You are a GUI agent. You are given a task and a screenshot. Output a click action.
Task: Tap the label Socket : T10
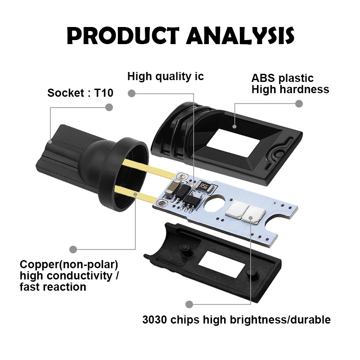[81, 93]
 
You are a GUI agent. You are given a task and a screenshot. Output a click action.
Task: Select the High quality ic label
[165, 76]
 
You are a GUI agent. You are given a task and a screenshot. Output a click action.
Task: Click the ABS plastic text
[282, 78]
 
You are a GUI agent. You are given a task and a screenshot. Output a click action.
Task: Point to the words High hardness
[290, 89]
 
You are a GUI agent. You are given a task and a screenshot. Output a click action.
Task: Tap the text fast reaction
[53, 287]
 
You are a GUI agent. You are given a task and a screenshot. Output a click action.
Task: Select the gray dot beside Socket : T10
[108, 107]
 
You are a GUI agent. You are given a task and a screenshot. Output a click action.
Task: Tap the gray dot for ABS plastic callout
[298, 103]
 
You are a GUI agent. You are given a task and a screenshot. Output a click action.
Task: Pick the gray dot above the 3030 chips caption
[189, 304]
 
